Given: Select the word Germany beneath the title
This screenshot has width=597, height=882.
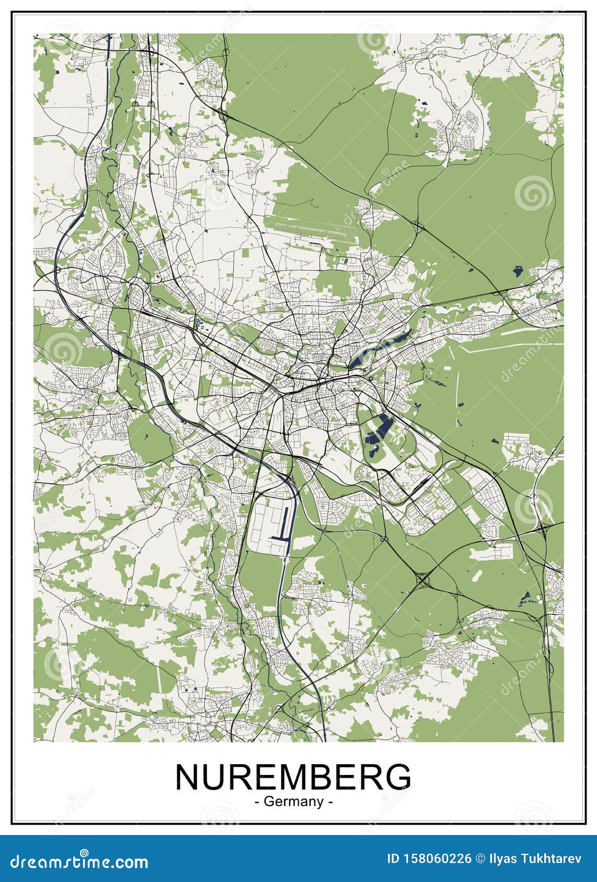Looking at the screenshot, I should pos(294,802).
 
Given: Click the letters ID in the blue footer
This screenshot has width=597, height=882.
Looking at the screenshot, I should pos(395,859).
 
